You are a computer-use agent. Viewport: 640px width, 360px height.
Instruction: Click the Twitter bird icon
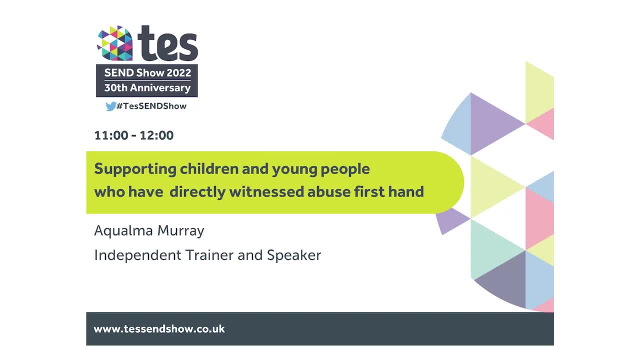[x=110, y=106]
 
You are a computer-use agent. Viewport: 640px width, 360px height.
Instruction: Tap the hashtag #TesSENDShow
[x=151, y=106]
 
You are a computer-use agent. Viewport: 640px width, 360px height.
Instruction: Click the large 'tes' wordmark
[x=167, y=43]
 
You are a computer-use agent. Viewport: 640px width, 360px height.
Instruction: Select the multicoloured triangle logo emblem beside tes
[x=114, y=43]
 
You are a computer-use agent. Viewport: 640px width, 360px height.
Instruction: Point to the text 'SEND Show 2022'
[x=147, y=72]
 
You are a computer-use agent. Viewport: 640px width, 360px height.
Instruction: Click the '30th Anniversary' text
[x=147, y=88]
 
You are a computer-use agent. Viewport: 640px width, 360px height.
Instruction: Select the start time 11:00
[x=111, y=135]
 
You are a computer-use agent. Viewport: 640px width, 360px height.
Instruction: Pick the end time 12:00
[x=156, y=135]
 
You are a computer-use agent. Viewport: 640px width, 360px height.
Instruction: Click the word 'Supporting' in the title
[x=135, y=169]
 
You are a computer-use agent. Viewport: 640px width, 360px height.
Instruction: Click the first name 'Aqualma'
[x=123, y=231]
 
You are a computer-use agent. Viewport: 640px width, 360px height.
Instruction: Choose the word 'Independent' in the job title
[x=137, y=255]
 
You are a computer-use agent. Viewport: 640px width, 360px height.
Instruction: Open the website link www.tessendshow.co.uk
[x=159, y=329]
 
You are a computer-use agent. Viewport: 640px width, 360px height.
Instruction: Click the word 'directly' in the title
[x=197, y=191]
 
